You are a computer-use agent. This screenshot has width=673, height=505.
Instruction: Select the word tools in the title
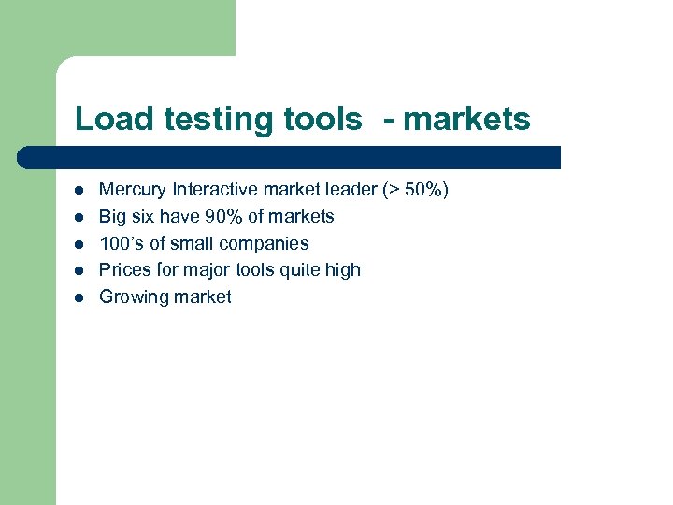click(317, 120)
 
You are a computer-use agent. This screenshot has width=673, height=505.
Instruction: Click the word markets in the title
click(466, 120)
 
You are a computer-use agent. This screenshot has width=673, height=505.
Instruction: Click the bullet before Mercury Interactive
click(80, 191)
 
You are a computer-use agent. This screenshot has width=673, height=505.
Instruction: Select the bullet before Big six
click(80, 217)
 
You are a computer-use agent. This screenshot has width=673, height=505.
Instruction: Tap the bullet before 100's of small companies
click(80, 244)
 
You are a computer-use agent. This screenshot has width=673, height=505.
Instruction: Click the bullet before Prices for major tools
click(80, 270)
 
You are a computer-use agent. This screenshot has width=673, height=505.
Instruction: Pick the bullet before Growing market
click(80, 297)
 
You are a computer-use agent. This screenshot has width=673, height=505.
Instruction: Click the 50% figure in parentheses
click(423, 190)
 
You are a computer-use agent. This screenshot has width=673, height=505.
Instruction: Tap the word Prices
click(124, 270)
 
